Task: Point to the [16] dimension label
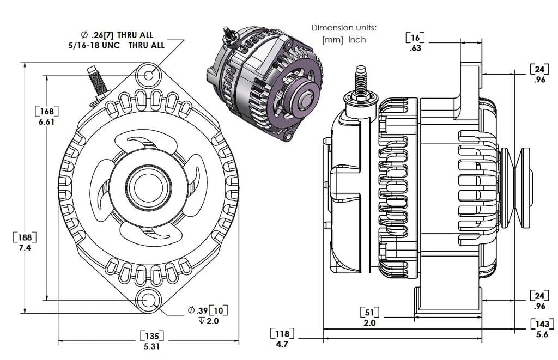[415, 37]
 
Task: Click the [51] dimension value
[370, 312]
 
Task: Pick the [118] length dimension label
[282, 333]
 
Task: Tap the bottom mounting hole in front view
[148, 300]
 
